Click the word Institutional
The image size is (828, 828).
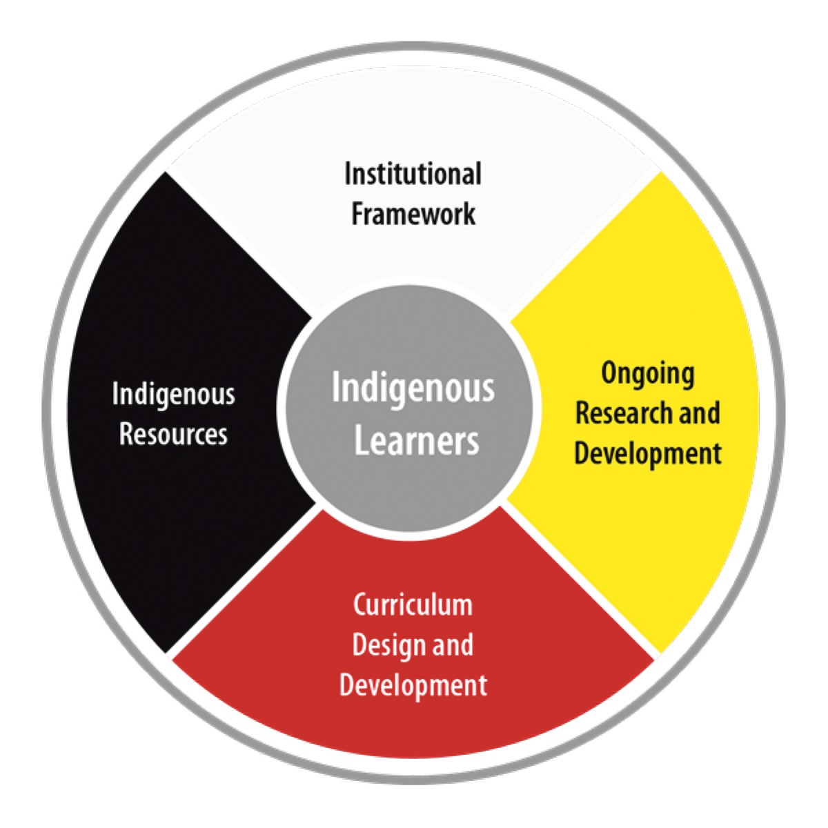pyautogui.click(x=413, y=174)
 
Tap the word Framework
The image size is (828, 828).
pyautogui.click(x=413, y=213)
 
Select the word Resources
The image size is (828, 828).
pyautogui.click(x=174, y=434)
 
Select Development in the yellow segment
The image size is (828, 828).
pyautogui.click(x=648, y=453)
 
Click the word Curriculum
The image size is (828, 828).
pyautogui.click(x=413, y=604)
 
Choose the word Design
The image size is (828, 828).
pyautogui.click(x=386, y=646)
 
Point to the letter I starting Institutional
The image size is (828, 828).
pyautogui.click(x=348, y=175)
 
